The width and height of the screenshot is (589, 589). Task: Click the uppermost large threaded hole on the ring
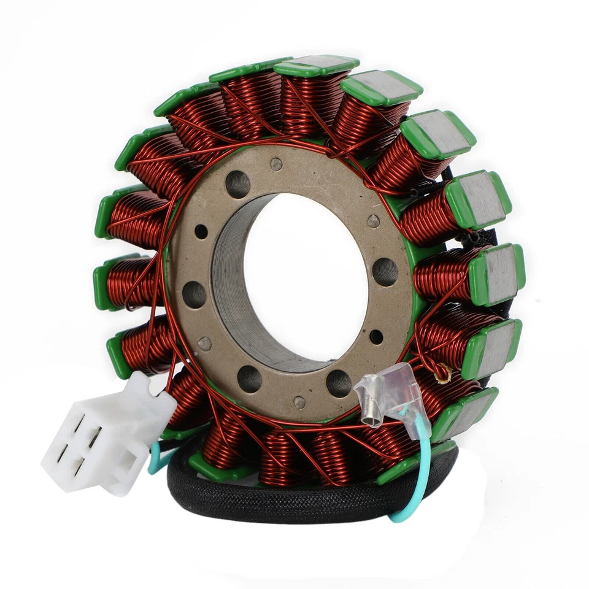tap(237, 183)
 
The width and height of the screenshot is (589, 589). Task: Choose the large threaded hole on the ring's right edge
tap(385, 271)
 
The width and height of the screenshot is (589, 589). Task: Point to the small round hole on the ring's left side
tap(201, 232)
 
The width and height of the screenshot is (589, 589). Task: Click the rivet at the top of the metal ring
tap(276, 164)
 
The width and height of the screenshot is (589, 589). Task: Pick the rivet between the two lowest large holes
tap(299, 402)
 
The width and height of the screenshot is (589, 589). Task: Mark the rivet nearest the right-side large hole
tap(372, 221)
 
